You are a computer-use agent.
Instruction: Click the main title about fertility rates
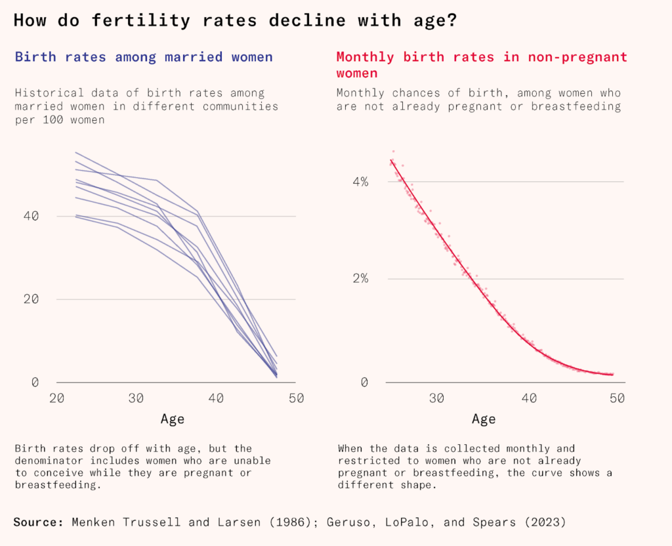[x=235, y=20]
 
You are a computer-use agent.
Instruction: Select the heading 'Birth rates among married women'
[x=143, y=57]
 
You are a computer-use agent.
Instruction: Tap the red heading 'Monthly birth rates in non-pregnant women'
[x=482, y=65]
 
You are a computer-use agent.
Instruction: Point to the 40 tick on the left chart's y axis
[x=32, y=216]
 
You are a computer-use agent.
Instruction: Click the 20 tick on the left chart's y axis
[x=32, y=299]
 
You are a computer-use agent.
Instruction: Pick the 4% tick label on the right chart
[x=360, y=181]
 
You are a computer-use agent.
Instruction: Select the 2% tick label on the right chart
[x=360, y=278]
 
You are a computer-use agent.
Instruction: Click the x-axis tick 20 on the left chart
[x=56, y=398]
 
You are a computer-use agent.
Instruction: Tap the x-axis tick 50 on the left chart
[x=295, y=398]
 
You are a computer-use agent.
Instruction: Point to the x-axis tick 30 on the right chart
[x=436, y=398]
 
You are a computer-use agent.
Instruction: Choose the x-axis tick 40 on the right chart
[x=530, y=398]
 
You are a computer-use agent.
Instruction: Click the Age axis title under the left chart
[x=173, y=419]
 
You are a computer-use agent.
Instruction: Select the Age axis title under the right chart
[x=484, y=419]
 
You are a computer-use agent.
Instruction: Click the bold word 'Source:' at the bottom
[x=38, y=522]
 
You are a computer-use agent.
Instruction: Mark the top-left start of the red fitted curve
[x=390, y=160]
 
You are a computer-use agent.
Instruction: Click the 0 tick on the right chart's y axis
[x=364, y=382]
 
